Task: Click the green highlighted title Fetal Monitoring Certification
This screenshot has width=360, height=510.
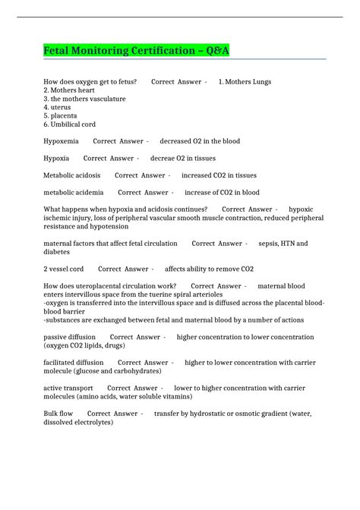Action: (135, 51)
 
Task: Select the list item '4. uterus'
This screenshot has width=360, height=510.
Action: (61, 107)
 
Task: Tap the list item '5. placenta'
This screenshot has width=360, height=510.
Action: (64, 115)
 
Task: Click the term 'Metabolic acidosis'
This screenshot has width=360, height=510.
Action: (72, 175)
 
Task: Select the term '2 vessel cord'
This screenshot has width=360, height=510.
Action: (64, 269)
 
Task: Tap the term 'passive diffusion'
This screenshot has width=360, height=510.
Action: (70, 337)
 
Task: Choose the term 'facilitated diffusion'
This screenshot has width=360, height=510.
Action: (74, 363)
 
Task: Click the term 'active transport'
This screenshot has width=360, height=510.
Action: (68, 388)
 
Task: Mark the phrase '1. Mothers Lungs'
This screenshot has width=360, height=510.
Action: (245, 81)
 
